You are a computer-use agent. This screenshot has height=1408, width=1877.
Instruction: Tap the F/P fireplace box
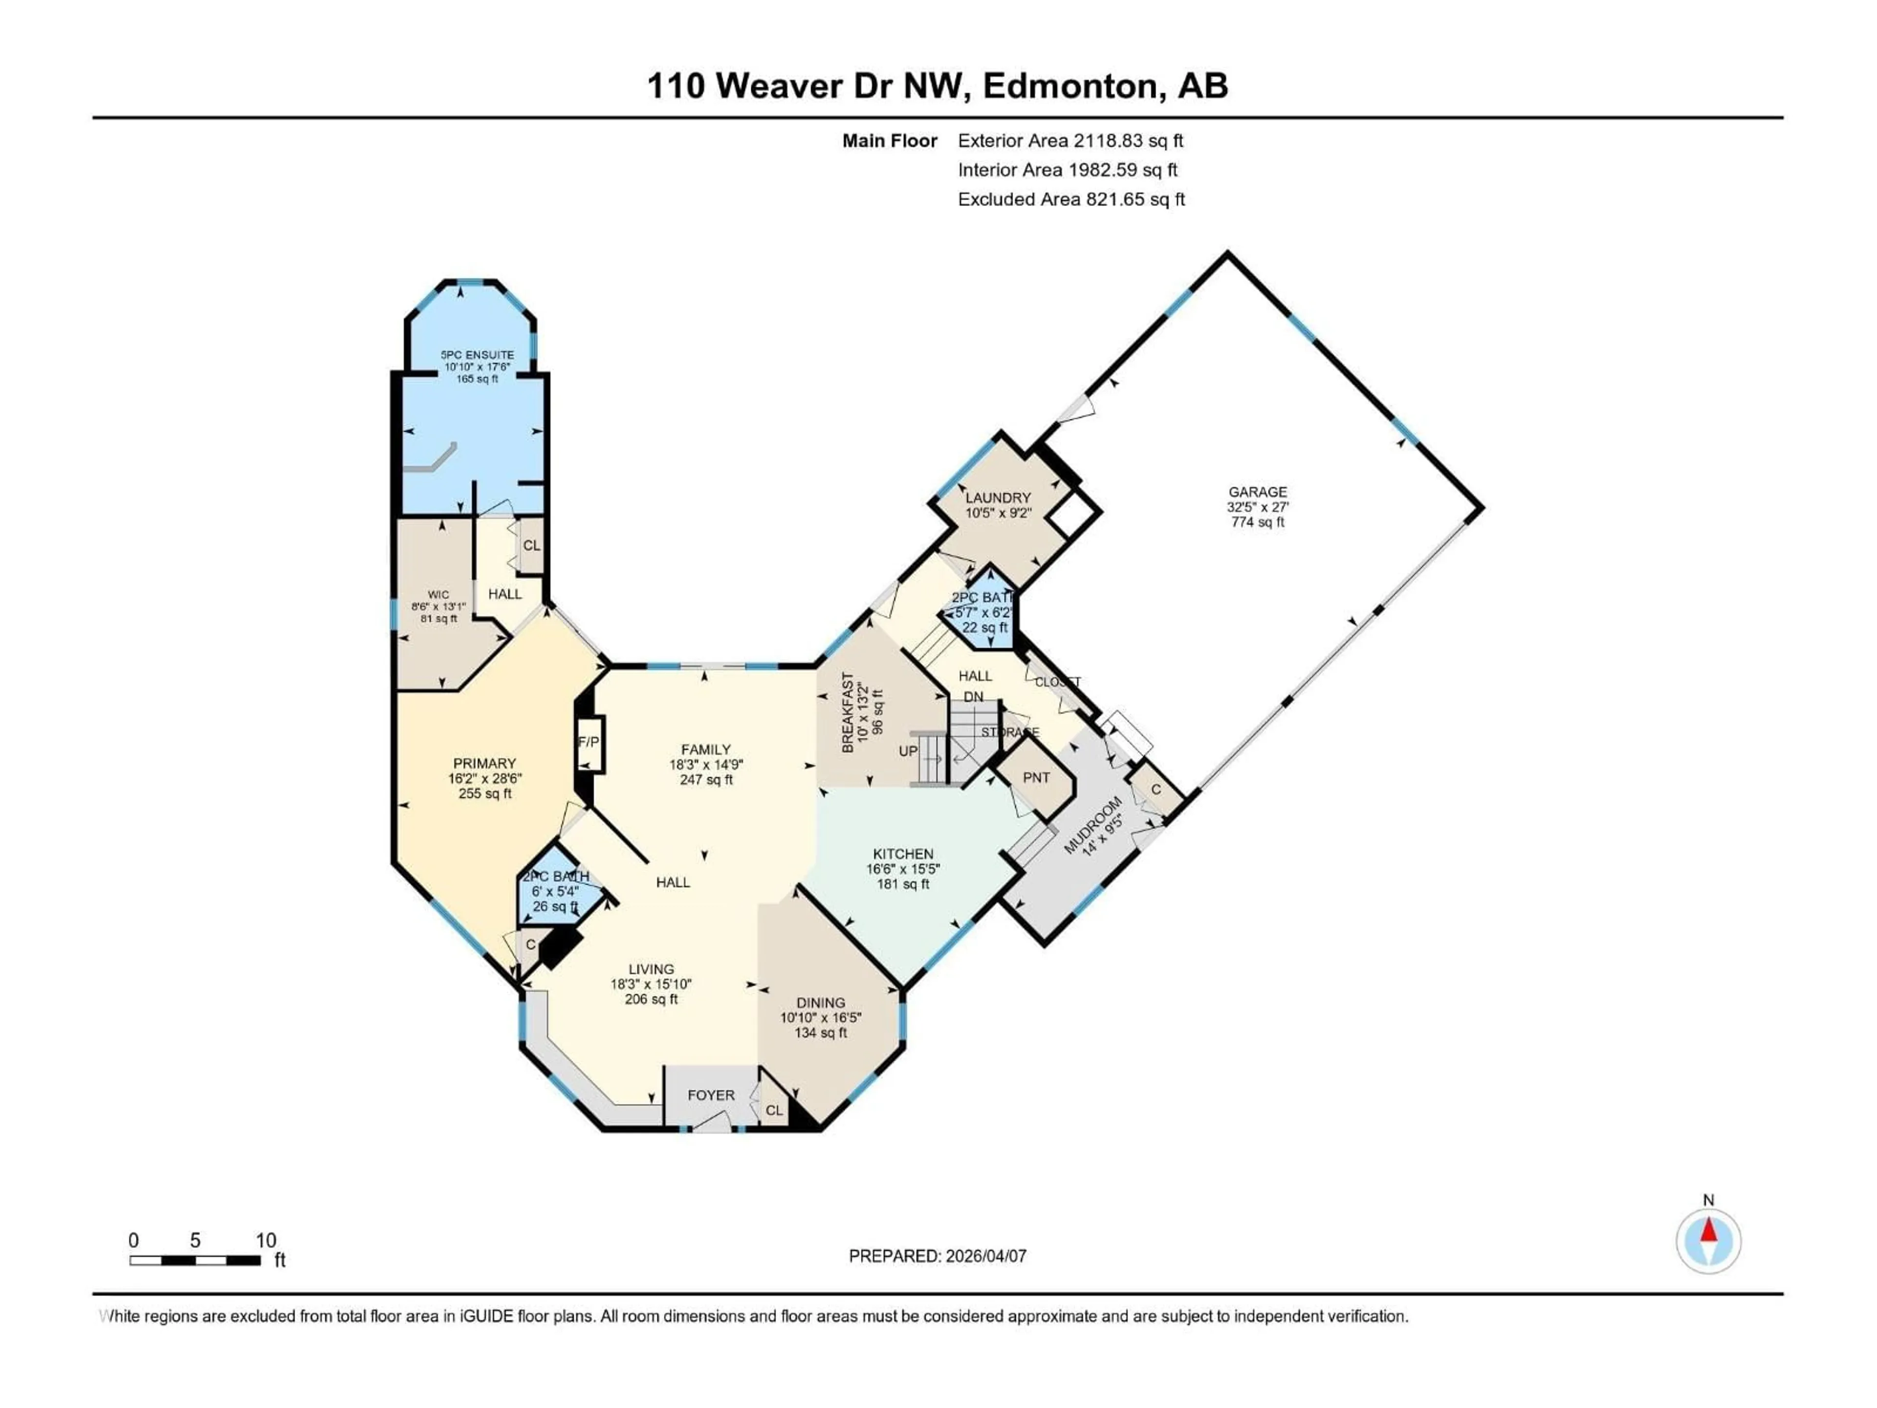coord(589,742)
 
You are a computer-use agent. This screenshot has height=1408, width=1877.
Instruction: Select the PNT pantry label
coord(1036,777)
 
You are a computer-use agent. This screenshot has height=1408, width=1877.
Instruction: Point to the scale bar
coord(195,1260)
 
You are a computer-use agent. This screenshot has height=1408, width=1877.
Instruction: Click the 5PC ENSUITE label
coord(477,355)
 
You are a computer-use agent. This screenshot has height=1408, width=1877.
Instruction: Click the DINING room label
coord(821,1002)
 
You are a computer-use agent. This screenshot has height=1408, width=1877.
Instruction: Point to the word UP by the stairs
coord(908,751)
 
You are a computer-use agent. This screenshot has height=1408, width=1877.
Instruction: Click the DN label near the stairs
coord(973,697)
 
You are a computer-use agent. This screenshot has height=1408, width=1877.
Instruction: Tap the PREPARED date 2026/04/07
coord(938,1256)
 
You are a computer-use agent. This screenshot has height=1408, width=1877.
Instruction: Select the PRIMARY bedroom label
coord(484,763)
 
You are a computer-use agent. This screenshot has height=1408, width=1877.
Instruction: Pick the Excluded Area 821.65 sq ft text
coord(1071,199)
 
